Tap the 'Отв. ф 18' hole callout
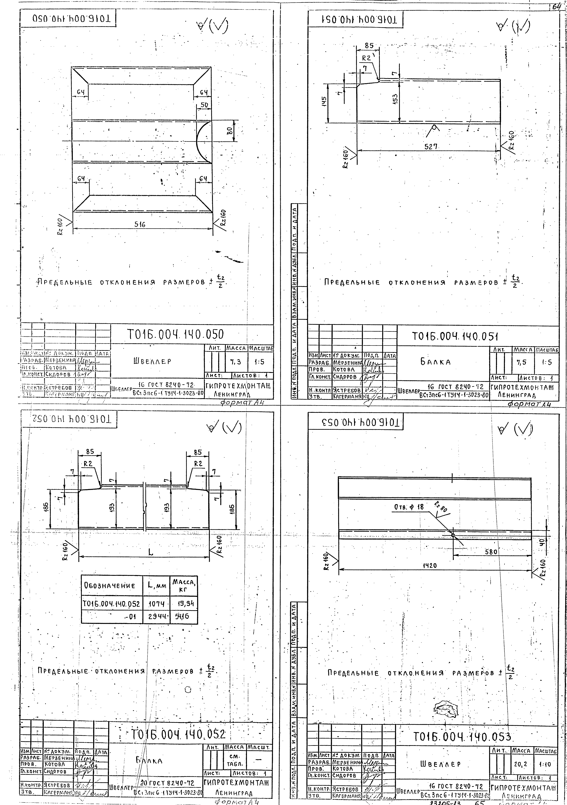tap(409, 507)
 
